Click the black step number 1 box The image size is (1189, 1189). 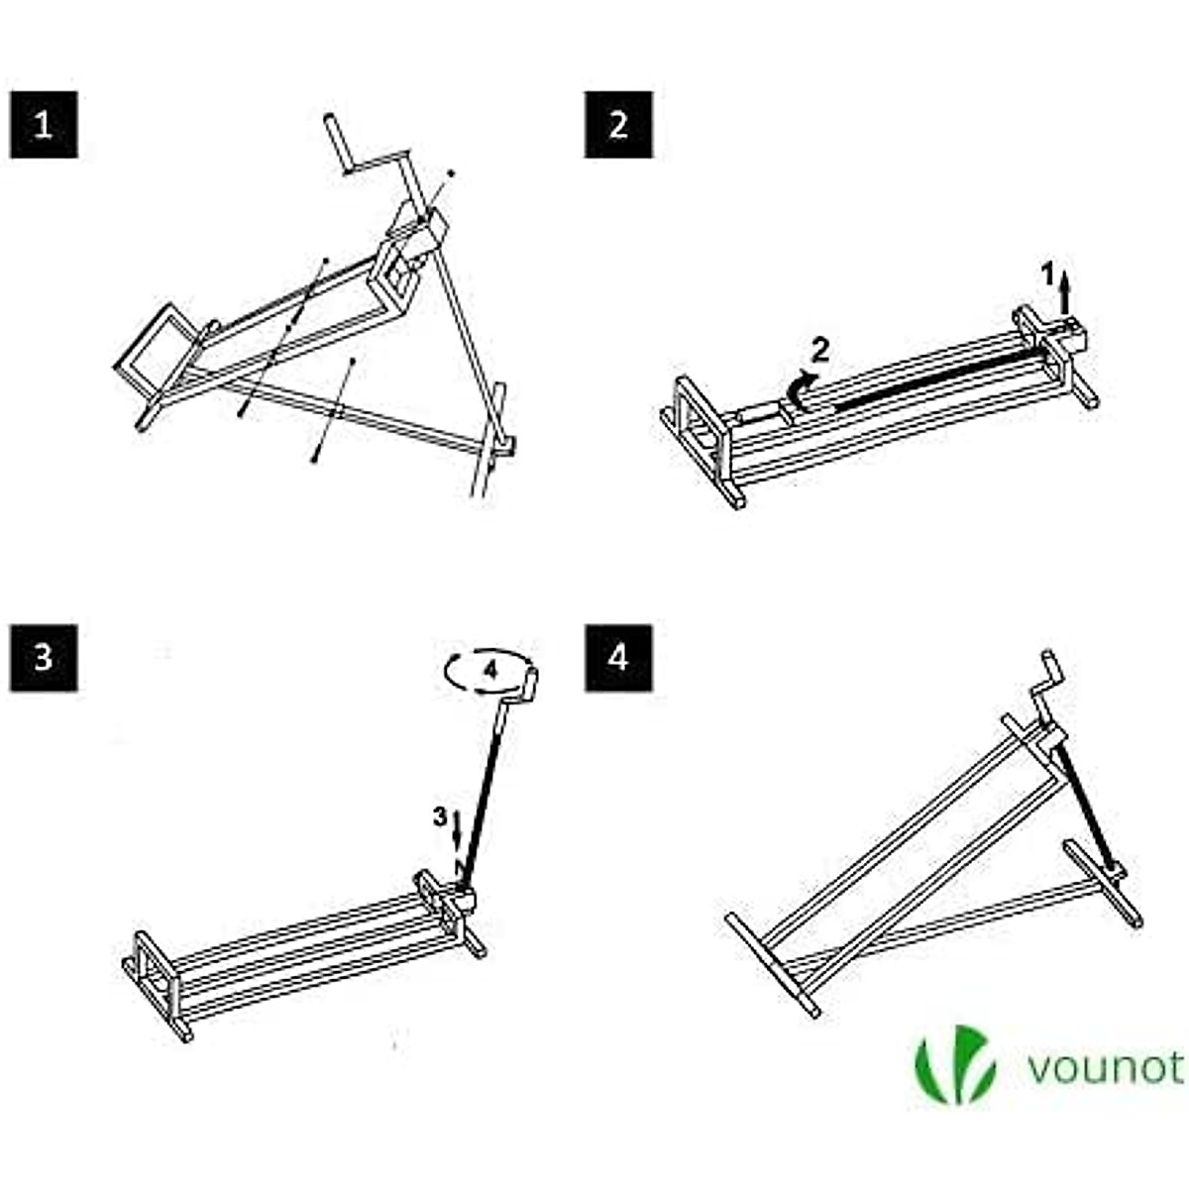pos(44,125)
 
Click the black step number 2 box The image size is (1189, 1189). pos(618,125)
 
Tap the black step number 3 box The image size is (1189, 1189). pos(44,657)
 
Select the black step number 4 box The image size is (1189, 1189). pos(618,657)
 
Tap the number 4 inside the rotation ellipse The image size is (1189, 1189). pos(488,669)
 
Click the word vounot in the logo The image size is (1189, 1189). pos(1104,1068)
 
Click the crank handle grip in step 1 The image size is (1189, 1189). pos(336,145)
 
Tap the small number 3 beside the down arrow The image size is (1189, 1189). pos(439,817)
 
